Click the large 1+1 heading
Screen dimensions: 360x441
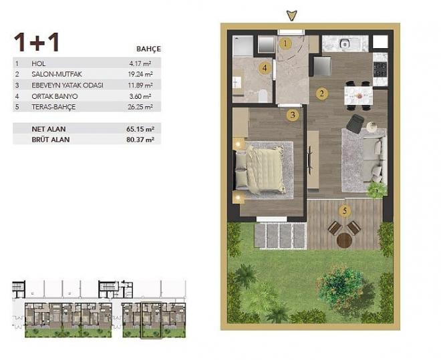(x=37, y=42)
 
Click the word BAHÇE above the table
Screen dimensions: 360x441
(x=148, y=49)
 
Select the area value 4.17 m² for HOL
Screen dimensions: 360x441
(x=144, y=63)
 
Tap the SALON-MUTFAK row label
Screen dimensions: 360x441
(x=54, y=75)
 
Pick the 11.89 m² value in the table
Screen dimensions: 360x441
(x=142, y=85)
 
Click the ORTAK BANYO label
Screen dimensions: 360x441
(x=51, y=96)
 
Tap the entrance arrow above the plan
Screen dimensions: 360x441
(x=290, y=14)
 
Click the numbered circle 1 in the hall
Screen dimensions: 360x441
(x=286, y=44)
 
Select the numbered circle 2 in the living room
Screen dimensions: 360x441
(x=322, y=94)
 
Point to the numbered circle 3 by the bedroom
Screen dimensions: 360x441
(x=292, y=115)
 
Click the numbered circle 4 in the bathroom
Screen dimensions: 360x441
(x=265, y=67)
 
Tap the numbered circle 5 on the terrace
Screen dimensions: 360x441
(x=345, y=212)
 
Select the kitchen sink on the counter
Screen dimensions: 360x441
(x=345, y=44)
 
